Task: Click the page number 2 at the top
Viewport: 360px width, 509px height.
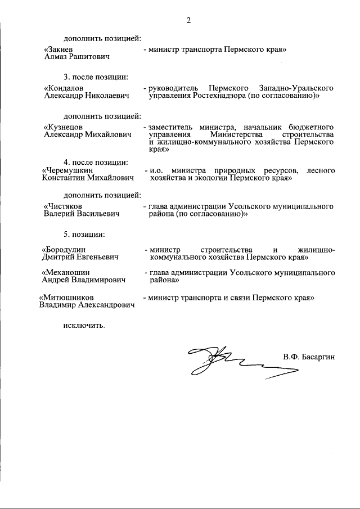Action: (x=188, y=21)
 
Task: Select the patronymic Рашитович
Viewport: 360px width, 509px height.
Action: (x=88, y=57)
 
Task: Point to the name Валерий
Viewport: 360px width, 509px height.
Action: (x=60, y=214)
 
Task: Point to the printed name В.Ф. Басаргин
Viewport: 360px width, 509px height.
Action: (x=309, y=357)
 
